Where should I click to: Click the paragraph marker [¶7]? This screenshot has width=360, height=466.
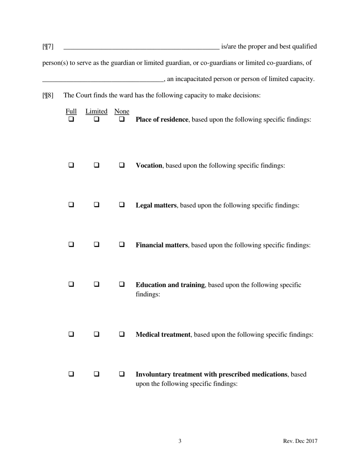[x=48, y=47]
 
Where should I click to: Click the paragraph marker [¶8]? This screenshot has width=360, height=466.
[x=48, y=95]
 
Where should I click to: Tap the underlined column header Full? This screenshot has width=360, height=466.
[x=71, y=111]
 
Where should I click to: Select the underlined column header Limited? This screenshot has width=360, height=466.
[x=96, y=111]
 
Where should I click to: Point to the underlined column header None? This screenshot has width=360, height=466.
[x=122, y=111]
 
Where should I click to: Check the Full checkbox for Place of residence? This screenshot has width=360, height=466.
[x=71, y=119]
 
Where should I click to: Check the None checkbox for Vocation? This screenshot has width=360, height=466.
[x=122, y=165]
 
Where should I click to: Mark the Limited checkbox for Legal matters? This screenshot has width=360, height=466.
[x=97, y=205]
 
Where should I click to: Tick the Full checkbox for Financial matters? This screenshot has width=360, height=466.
[x=71, y=244]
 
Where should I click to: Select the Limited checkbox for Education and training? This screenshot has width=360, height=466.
[x=97, y=284]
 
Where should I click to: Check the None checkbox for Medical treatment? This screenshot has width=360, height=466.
[x=122, y=334]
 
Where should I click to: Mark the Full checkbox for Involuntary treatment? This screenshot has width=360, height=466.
[x=71, y=374]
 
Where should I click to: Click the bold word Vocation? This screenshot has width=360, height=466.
[x=149, y=166]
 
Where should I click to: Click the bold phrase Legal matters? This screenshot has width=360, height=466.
[x=156, y=205]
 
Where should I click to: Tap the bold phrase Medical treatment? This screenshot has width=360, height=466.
[x=163, y=335]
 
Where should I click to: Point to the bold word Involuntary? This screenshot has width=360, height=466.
[x=153, y=374]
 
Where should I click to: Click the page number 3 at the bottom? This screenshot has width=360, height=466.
[x=180, y=441]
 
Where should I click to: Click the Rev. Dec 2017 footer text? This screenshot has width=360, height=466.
[x=300, y=441]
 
